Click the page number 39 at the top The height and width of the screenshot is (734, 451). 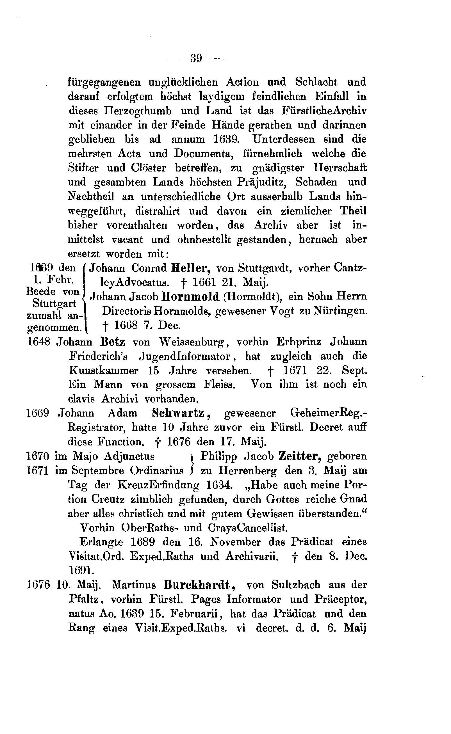click(x=196, y=58)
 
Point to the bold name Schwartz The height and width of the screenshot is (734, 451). click(x=178, y=413)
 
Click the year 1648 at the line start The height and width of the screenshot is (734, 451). click(x=38, y=342)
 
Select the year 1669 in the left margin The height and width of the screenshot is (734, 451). click(x=38, y=413)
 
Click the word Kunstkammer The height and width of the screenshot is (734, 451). click(x=104, y=371)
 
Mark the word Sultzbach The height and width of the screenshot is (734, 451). click(x=296, y=585)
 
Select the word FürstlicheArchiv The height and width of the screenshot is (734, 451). click(x=324, y=111)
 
